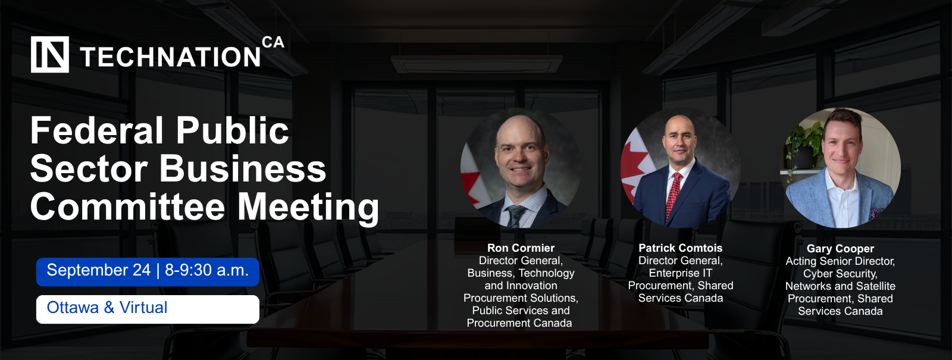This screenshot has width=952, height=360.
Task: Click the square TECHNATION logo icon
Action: point(50,54)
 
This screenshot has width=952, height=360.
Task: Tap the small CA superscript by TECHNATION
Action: point(273,42)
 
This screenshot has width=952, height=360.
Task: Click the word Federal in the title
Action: point(97,130)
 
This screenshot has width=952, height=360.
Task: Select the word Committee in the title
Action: point(127,207)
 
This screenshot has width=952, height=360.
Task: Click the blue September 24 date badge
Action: point(148,271)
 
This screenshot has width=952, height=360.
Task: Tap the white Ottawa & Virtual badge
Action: point(148,309)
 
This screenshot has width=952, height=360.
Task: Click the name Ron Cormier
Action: point(521,248)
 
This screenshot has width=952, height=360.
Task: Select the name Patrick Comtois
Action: point(681,248)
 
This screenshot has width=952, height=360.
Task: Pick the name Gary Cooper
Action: point(840,249)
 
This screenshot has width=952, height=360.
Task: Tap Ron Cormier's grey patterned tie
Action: point(515,215)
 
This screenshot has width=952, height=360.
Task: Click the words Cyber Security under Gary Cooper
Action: point(840,274)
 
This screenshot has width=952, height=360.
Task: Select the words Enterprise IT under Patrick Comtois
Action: point(681,273)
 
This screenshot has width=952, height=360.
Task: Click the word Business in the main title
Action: point(243,169)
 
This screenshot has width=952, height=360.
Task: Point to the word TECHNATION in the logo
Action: point(170,57)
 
